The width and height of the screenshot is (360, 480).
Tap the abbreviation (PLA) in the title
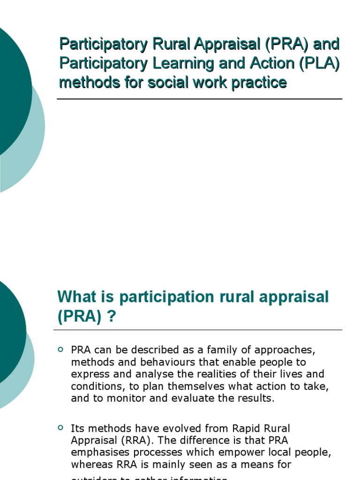319,63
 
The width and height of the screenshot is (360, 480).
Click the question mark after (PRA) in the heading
111,317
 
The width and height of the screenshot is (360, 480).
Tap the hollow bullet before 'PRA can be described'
60,350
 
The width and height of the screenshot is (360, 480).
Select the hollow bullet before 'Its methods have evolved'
60,427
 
